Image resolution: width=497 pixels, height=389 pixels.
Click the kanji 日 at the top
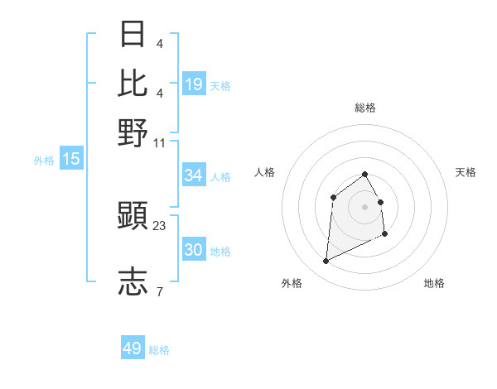(133, 34)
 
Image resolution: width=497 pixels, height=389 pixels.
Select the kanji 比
(133, 82)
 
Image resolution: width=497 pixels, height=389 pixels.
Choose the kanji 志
(133, 281)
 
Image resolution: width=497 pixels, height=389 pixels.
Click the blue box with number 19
(194, 84)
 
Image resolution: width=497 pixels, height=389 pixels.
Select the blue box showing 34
(194, 175)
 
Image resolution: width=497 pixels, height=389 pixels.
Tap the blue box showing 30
(194, 250)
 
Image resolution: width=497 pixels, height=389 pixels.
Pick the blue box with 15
(71, 159)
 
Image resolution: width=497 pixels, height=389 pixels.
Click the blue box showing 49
(133, 348)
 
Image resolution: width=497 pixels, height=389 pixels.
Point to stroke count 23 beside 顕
(160, 225)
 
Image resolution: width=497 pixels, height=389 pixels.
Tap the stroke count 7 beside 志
(159, 291)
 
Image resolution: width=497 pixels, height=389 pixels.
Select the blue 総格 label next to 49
(159, 350)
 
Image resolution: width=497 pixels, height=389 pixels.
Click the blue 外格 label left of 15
(44, 161)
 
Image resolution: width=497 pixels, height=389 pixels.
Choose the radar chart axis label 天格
(466, 172)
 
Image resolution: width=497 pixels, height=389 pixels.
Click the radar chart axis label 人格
(264, 172)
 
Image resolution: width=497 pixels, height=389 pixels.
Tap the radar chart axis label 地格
(434, 283)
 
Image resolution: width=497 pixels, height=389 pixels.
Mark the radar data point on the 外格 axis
(326, 262)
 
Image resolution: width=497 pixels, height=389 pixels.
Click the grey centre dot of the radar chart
(364, 206)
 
